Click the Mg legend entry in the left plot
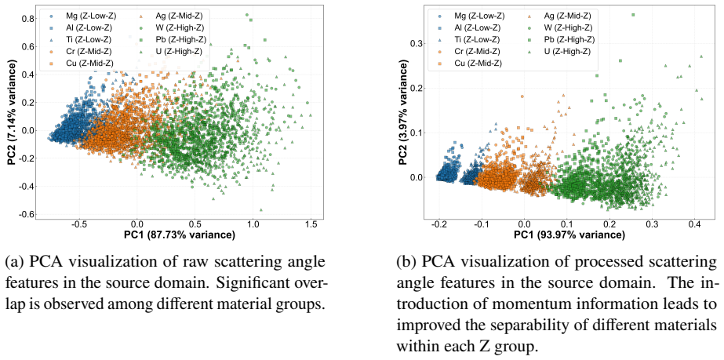pyautogui.click(x=85, y=16)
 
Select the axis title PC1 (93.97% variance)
pyautogui.click(x=569, y=235)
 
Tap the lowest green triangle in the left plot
pyautogui.click(x=261, y=209)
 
